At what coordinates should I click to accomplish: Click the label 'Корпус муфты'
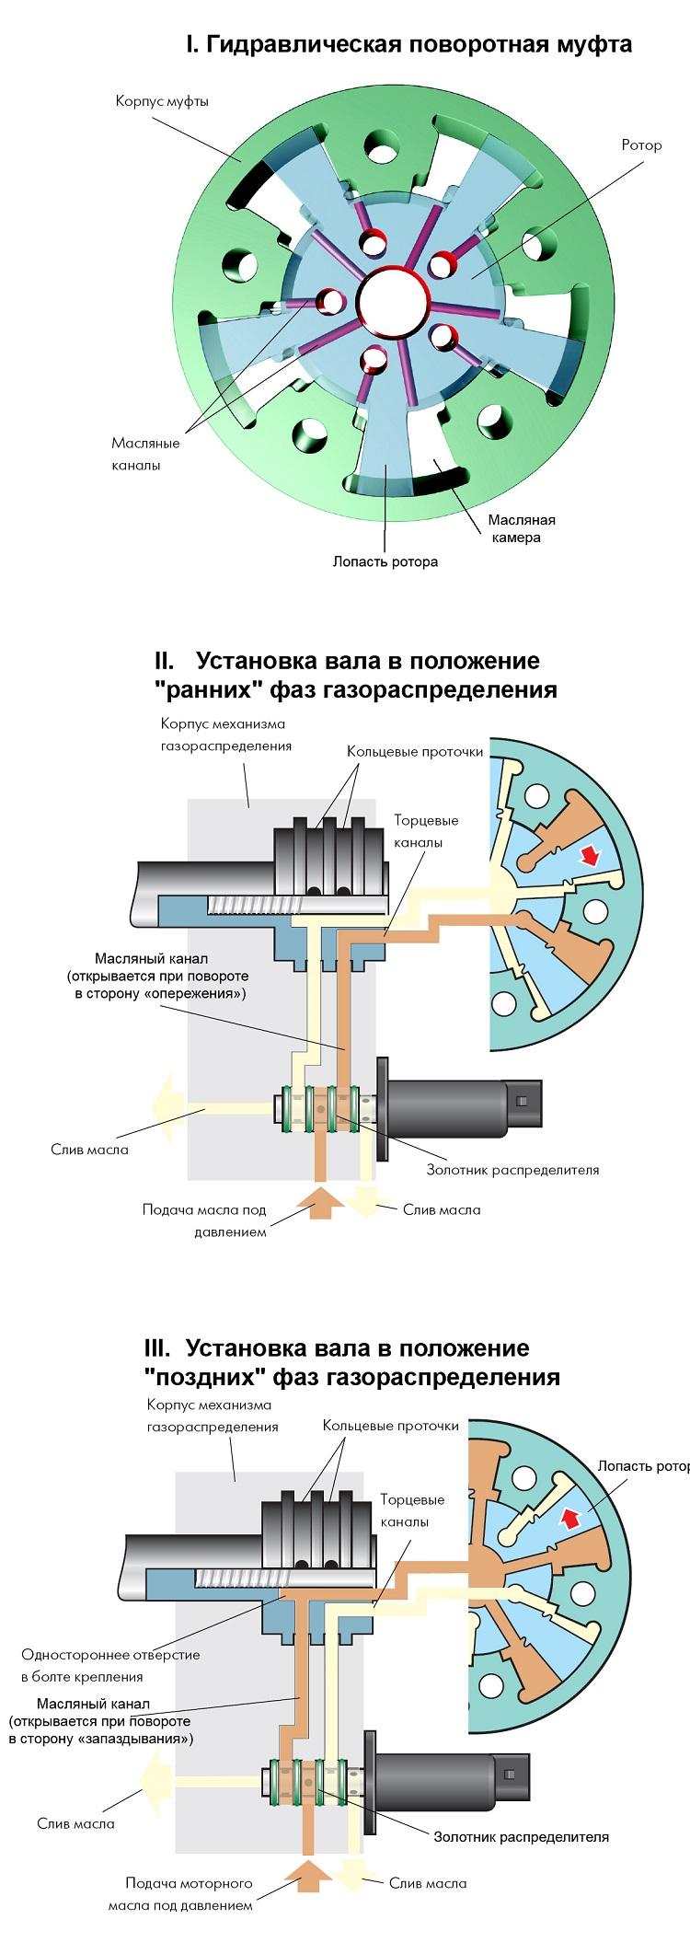[x=162, y=101]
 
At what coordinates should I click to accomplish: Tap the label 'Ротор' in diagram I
[x=641, y=145]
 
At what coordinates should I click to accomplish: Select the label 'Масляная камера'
[x=522, y=528]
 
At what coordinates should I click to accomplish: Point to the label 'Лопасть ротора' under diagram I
[x=385, y=561]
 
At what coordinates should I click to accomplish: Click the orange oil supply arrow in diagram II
[x=320, y=1202]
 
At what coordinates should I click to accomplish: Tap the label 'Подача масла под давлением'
[x=204, y=1220]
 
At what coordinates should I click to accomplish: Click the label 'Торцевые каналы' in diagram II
[x=426, y=831]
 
